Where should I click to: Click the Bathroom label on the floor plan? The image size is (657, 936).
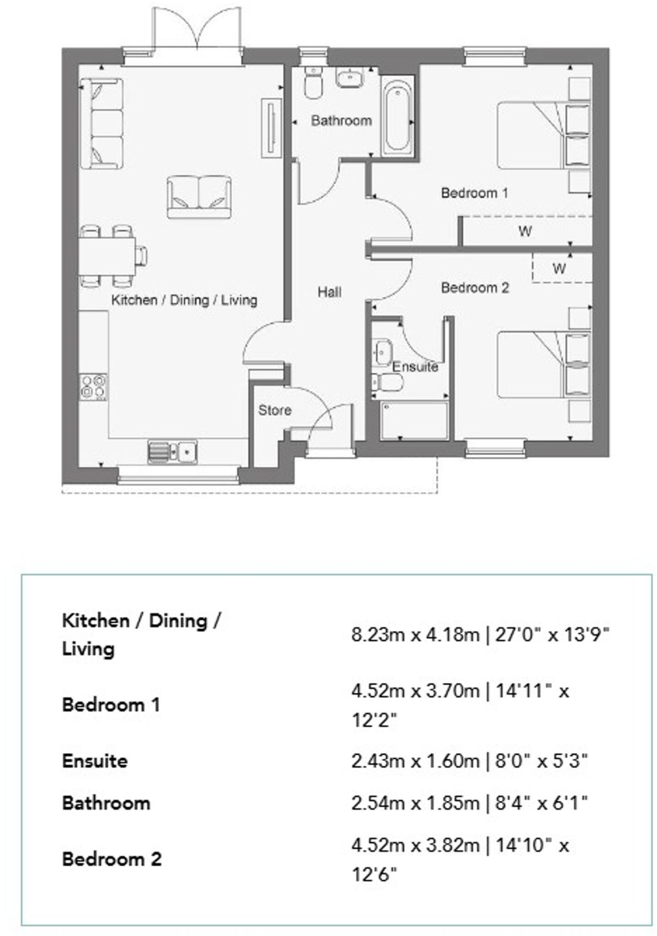point(341,121)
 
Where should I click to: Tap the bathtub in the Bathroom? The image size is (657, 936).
point(397,118)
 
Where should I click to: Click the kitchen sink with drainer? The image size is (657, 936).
point(172,452)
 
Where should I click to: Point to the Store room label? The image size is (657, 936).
point(274,410)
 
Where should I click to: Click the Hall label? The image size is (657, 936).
point(329,292)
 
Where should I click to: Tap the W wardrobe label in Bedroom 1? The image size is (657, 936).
point(525,231)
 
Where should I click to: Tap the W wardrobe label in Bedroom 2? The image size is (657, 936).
point(559,268)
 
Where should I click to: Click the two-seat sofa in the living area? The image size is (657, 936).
point(199,197)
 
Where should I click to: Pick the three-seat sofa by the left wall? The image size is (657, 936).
point(101,123)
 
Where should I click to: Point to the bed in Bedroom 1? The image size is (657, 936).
point(535,135)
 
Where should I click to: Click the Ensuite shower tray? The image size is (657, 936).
point(414,420)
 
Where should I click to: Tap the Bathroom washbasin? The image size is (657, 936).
point(350,77)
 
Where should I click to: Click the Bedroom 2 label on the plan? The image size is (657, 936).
point(474,287)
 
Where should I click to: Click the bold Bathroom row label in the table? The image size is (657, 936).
point(106,803)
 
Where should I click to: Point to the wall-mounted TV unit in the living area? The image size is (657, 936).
point(271,128)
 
